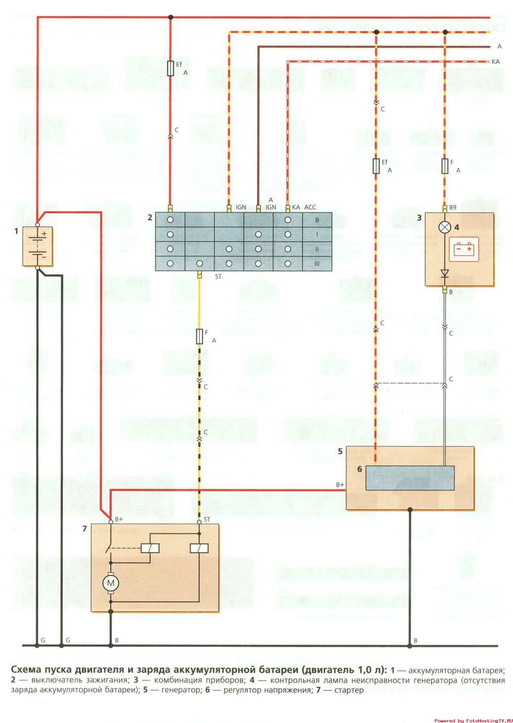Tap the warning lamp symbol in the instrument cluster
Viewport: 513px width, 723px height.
pyautogui.click(x=445, y=227)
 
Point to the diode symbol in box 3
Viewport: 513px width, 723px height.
pyautogui.click(x=445, y=273)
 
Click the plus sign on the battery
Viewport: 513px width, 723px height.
pyautogui.click(x=44, y=234)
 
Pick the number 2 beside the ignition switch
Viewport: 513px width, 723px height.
pyautogui.click(x=150, y=217)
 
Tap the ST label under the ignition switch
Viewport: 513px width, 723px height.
pyautogui.click(x=218, y=276)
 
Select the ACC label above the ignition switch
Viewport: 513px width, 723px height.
pyautogui.click(x=310, y=207)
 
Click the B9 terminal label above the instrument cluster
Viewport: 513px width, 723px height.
pyautogui.click(x=452, y=208)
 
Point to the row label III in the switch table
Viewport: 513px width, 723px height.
pyautogui.click(x=317, y=264)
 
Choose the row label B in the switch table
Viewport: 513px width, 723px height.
pyautogui.click(x=317, y=220)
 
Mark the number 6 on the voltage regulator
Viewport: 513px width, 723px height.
pyautogui.click(x=359, y=469)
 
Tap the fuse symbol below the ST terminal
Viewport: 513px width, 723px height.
pyautogui.click(x=199, y=336)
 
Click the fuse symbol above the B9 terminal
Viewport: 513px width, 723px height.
pyautogui.click(x=445, y=166)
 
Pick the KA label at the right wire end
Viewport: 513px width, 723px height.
pyautogui.click(x=496, y=62)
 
